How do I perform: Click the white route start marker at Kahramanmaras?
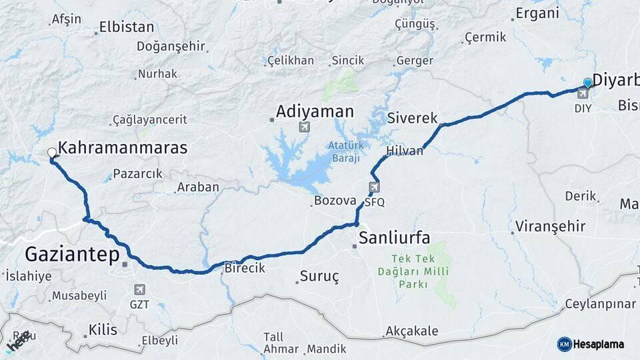coord(51,153)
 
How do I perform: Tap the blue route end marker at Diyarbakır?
coord(587,83)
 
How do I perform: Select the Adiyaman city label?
coord(315,111)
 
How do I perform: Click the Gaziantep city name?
coord(72,255)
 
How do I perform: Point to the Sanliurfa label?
coord(394,238)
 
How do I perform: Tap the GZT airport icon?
coord(139,289)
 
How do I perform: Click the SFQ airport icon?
coord(374,187)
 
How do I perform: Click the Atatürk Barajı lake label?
coord(343,151)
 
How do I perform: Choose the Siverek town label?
coord(411,118)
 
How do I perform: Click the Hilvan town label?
coord(404,151)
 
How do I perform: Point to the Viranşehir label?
coord(549,227)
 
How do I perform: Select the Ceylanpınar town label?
coord(600,304)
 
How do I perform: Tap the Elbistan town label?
coord(127,28)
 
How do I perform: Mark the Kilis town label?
coord(103,330)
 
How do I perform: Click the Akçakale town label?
coord(411,331)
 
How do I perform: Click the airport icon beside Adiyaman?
coord(305,127)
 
